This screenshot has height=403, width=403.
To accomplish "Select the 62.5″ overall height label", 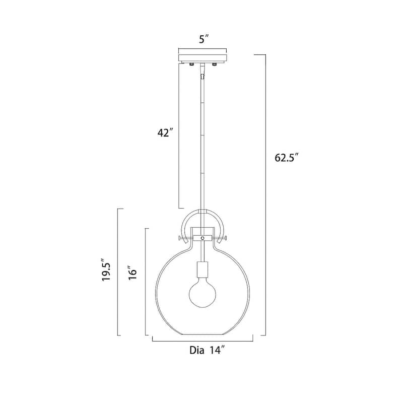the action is (287, 157).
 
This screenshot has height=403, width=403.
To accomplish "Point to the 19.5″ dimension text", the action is (106, 270).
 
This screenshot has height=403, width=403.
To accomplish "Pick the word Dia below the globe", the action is (197, 350).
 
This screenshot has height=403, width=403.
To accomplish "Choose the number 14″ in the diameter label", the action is (217, 350).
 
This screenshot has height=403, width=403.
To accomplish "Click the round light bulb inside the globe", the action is (203, 293).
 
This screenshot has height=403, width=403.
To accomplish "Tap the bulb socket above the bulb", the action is (203, 270).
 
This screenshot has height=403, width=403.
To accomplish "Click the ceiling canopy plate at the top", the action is (203, 58).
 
